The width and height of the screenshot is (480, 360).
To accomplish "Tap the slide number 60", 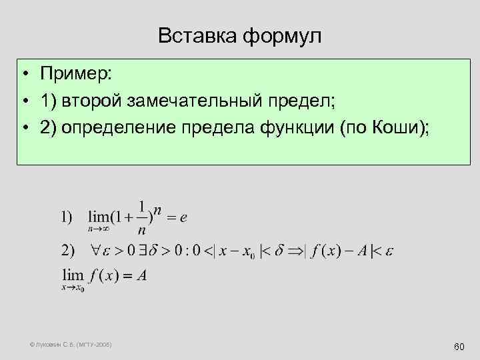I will point(458,347).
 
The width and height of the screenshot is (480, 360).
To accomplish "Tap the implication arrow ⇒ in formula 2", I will point(294,251).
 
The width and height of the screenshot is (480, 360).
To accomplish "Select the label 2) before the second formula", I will point(68,251).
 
